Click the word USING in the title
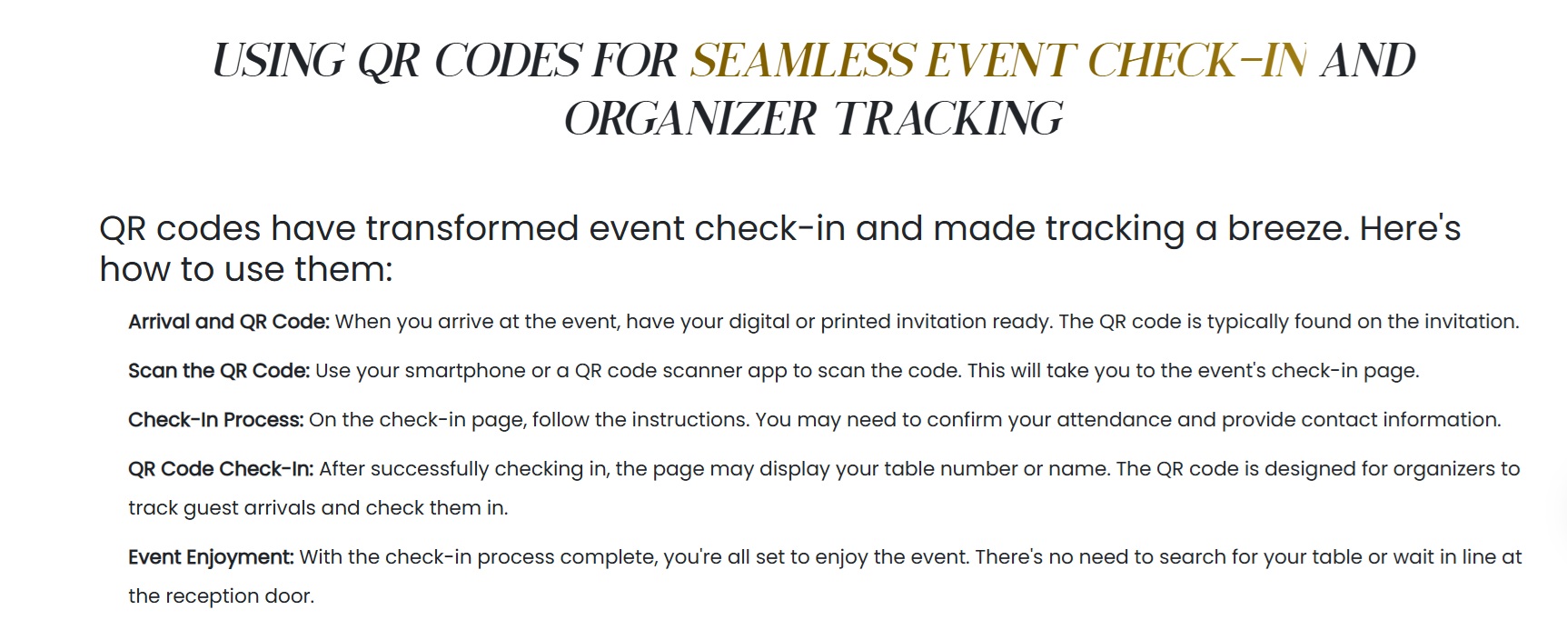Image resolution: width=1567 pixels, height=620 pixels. click(279, 61)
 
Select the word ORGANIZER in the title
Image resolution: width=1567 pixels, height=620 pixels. click(690, 119)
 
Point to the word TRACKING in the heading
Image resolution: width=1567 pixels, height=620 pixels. click(948, 119)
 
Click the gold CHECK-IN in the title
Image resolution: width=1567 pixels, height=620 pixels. click(1197, 61)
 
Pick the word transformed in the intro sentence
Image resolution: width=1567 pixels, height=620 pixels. click(471, 228)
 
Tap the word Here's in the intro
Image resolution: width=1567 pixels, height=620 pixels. click(1410, 228)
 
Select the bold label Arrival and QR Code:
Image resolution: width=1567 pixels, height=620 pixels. click(229, 322)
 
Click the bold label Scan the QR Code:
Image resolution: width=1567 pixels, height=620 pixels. click(219, 371)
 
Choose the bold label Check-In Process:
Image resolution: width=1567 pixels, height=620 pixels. click(216, 420)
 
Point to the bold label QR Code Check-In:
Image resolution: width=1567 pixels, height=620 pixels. click(221, 469)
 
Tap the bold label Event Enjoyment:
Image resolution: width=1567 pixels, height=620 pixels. click(211, 557)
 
